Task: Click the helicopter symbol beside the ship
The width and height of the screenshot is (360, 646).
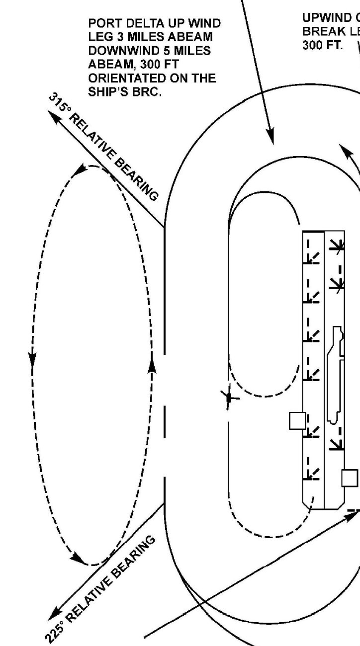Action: click(x=229, y=398)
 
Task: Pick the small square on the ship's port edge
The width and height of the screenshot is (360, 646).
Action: click(x=297, y=420)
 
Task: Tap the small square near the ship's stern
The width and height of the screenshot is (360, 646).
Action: click(x=350, y=478)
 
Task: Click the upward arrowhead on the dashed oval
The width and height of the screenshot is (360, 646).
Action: click(x=153, y=365)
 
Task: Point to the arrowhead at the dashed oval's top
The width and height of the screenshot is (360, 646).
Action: click(x=80, y=171)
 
